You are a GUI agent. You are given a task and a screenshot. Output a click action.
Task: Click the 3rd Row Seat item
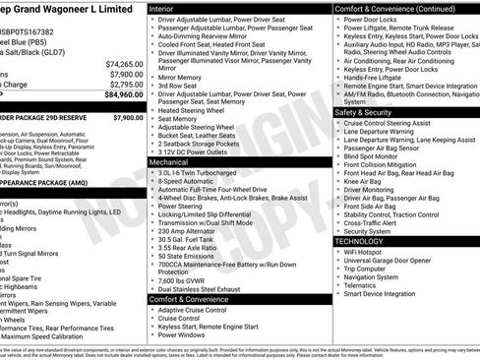(x=181, y=86)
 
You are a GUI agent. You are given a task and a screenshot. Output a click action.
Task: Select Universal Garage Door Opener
(x=388, y=261)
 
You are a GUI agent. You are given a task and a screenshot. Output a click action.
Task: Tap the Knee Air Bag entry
(x=364, y=181)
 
